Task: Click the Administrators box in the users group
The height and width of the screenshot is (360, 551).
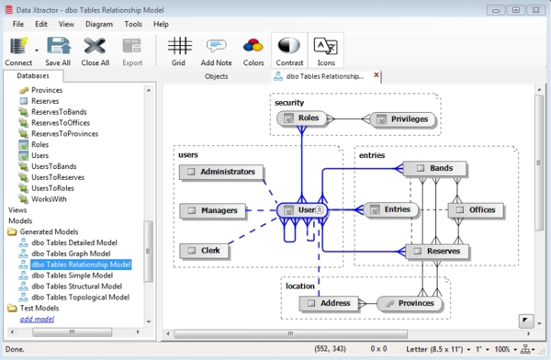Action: point(221,172)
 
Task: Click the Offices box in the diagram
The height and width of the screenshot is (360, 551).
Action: point(474,210)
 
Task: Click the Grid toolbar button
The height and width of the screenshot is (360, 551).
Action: point(179,51)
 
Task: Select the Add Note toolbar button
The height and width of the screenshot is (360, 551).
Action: point(217,51)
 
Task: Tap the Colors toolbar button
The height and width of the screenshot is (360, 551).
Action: point(253,51)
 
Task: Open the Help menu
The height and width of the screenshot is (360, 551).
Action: point(161,23)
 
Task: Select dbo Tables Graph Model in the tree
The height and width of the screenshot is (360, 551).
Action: point(71,253)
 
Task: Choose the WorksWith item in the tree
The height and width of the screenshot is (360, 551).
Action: point(49,198)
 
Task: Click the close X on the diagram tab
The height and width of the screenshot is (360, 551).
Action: point(377,76)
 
